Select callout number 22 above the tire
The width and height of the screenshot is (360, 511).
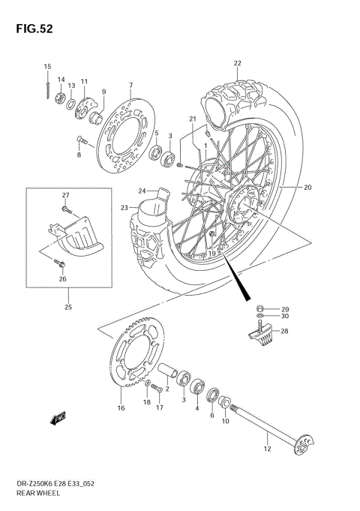click(237, 63)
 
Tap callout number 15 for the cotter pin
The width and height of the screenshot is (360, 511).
click(46, 68)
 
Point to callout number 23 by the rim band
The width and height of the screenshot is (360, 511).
click(124, 208)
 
